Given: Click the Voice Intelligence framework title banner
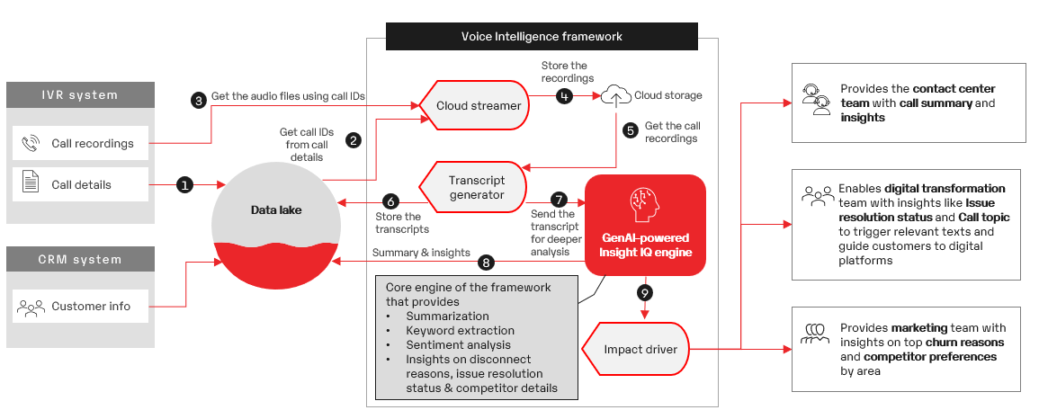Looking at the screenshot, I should tap(542, 36).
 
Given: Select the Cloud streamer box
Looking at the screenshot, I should tap(474, 105).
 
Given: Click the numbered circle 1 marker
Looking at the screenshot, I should tap(185, 184).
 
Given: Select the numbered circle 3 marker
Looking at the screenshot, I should tap(198, 100).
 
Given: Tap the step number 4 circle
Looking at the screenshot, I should tap(564, 95).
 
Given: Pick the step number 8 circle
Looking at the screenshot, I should tap(487, 263).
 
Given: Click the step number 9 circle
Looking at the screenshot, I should tap(644, 292).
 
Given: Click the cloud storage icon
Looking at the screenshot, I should tap(616, 94).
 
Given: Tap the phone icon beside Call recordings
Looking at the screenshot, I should tap(31, 143).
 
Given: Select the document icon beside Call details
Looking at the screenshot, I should tap(31, 183).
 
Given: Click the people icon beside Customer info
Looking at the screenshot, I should tap(31, 307).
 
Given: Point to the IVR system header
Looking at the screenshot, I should tap(77, 94).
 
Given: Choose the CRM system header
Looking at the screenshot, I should tap(77, 260).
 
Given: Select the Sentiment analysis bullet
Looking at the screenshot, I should tap(458, 344).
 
